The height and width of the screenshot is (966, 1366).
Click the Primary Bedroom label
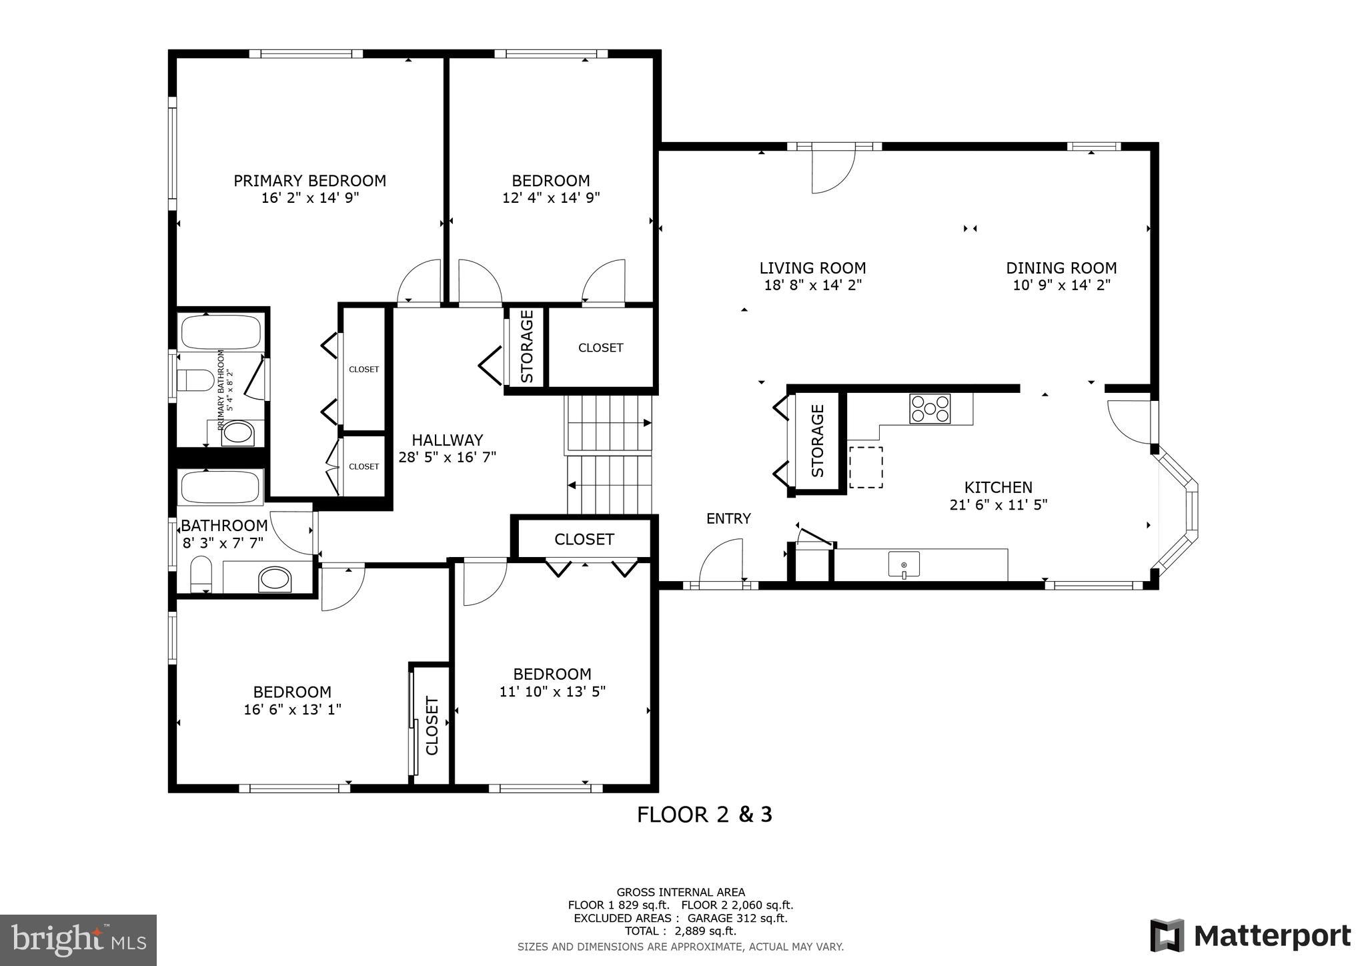pyautogui.click(x=309, y=181)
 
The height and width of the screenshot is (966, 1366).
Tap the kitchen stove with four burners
pyautogui.click(x=930, y=408)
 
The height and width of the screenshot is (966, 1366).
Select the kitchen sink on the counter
pyautogui.click(x=904, y=565)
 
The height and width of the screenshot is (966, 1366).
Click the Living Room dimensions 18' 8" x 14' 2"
pyautogui.click(x=812, y=286)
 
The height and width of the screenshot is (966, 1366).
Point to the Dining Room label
pyautogui.click(x=1061, y=268)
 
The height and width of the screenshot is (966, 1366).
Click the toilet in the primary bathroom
pyautogui.click(x=195, y=381)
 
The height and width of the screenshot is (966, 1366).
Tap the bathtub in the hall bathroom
pyautogui.click(x=220, y=487)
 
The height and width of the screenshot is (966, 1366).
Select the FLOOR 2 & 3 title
pyautogui.click(x=704, y=815)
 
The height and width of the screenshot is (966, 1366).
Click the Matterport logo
pyautogui.click(x=1251, y=936)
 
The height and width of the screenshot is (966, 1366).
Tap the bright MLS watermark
pyautogui.click(x=79, y=940)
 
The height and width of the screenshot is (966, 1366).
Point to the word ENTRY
pyautogui.click(x=728, y=518)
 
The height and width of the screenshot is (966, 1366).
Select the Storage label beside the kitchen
pyautogui.click(x=818, y=441)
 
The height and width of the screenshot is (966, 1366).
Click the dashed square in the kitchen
pyautogui.click(x=866, y=467)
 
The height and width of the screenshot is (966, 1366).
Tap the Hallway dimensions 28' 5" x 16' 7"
pyautogui.click(x=447, y=458)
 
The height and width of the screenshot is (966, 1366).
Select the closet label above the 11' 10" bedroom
pyautogui.click(x=584, y=539)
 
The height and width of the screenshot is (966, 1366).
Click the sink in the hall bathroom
pyautogui.click(x=275, y=578)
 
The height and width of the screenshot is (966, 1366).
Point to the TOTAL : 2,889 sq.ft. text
pyautogui.click(x=680, y=931)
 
